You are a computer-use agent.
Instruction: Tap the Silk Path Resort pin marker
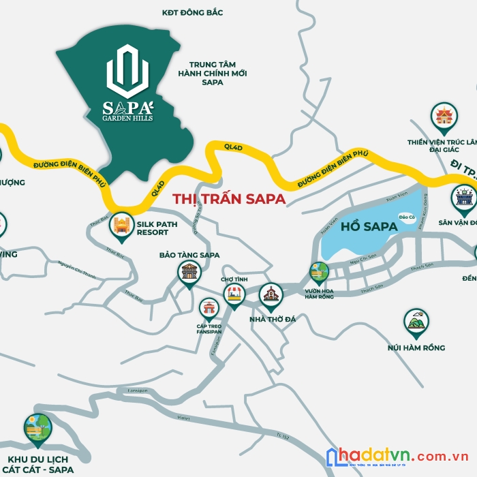tap(122, 226)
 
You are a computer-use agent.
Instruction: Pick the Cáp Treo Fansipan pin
tap(209, 309)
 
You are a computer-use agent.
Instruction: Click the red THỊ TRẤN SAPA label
tap(229, 199)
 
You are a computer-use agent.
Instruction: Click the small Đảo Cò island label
tap(407, 217)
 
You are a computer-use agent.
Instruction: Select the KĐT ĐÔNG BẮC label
tap(193, 12)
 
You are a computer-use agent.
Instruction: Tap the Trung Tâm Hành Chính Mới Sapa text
tap(213, 73)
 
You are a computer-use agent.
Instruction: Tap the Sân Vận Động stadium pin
tap(464, 198)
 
